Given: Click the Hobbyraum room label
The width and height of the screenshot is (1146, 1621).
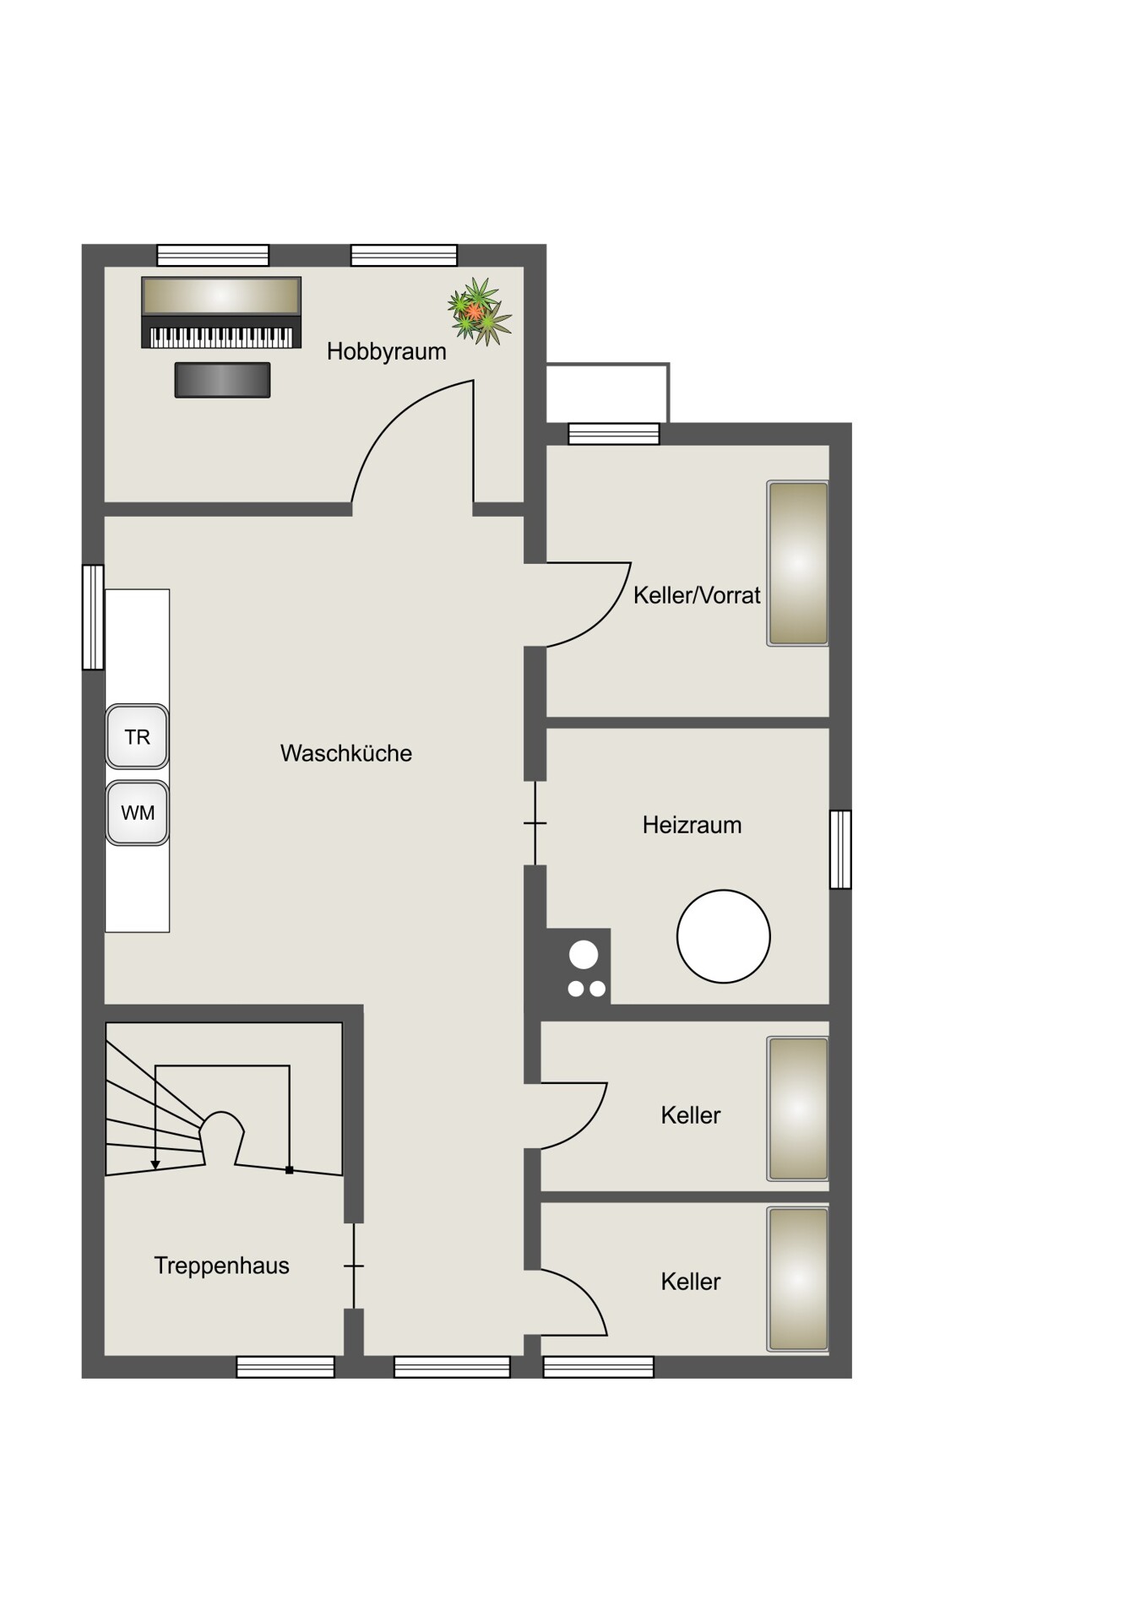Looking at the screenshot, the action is [x=386, y=351].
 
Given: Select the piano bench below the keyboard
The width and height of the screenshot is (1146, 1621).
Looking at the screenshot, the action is [x=222, y=380].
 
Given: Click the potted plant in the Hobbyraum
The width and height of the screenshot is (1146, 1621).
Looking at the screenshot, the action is [x=479, y=312].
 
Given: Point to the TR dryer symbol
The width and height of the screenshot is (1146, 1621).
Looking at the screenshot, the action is [x=137, y=737].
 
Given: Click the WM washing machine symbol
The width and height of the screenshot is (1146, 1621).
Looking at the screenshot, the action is [x=137, y=813].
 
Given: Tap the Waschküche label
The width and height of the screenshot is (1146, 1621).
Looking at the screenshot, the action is [x=346, y=753].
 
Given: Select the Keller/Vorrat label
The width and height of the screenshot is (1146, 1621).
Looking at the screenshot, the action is [x=697, y=595].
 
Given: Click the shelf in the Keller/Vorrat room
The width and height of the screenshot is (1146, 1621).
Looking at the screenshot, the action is [x=797, y=563].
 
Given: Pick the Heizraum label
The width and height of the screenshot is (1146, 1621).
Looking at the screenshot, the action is [x=692, y=825].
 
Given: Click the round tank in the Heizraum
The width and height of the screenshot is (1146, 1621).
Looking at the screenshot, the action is [x=724, y=936].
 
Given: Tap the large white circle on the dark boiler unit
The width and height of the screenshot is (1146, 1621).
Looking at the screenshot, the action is [x=584, y=955].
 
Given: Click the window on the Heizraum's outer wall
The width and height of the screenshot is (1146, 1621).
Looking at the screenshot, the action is [x=840, y=849].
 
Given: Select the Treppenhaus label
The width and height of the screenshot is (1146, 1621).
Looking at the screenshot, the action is [x=221, y=1266].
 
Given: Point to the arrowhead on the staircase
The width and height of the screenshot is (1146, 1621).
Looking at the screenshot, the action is [x=155, y=1165].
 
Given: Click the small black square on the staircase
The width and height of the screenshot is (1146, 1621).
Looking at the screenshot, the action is [x=290, y=1170].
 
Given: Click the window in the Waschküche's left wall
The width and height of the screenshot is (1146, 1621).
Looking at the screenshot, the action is [x=93, y=617].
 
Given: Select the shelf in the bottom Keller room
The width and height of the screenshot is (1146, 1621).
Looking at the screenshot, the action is [x=797, y=1279].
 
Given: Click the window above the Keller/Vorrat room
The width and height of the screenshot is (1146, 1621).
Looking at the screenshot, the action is [x=614, y=434].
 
